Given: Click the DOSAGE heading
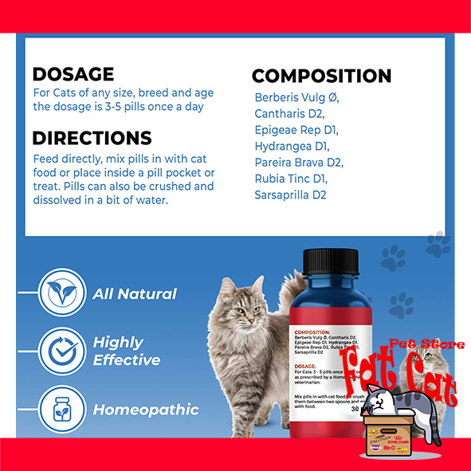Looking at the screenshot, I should (x=73, y=75).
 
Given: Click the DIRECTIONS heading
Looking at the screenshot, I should (x=92, y=138).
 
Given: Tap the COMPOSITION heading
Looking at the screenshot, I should (x=321, y=77).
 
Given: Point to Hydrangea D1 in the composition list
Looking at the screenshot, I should (x=292, y=147).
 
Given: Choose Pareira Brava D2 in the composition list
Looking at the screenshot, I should (x=298, y=163).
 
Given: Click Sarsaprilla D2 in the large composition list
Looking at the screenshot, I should (x=291, y=194).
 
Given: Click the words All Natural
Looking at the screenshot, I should (x=135, y=293).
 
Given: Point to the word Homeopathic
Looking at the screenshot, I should (x=146, y=410).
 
